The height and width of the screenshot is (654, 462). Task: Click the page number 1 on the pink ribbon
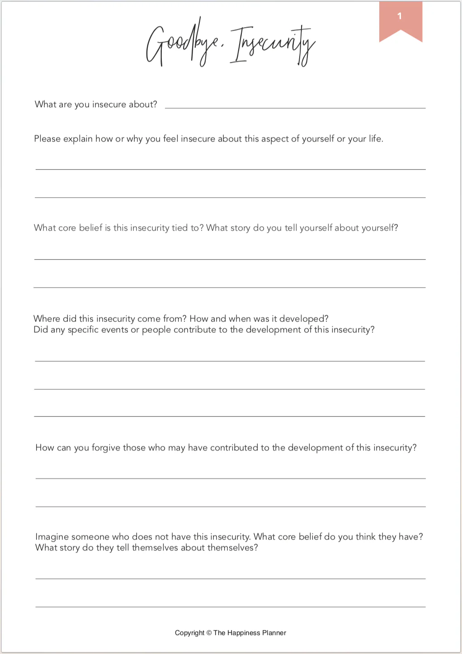tap(400, 16)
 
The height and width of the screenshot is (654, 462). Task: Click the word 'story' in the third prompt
tap(240, 228)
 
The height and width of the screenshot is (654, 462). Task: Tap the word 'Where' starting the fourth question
tap(47, 319)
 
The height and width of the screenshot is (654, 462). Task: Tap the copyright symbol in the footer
tap(209, 633)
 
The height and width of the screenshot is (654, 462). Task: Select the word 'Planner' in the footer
tap(274, 633)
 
